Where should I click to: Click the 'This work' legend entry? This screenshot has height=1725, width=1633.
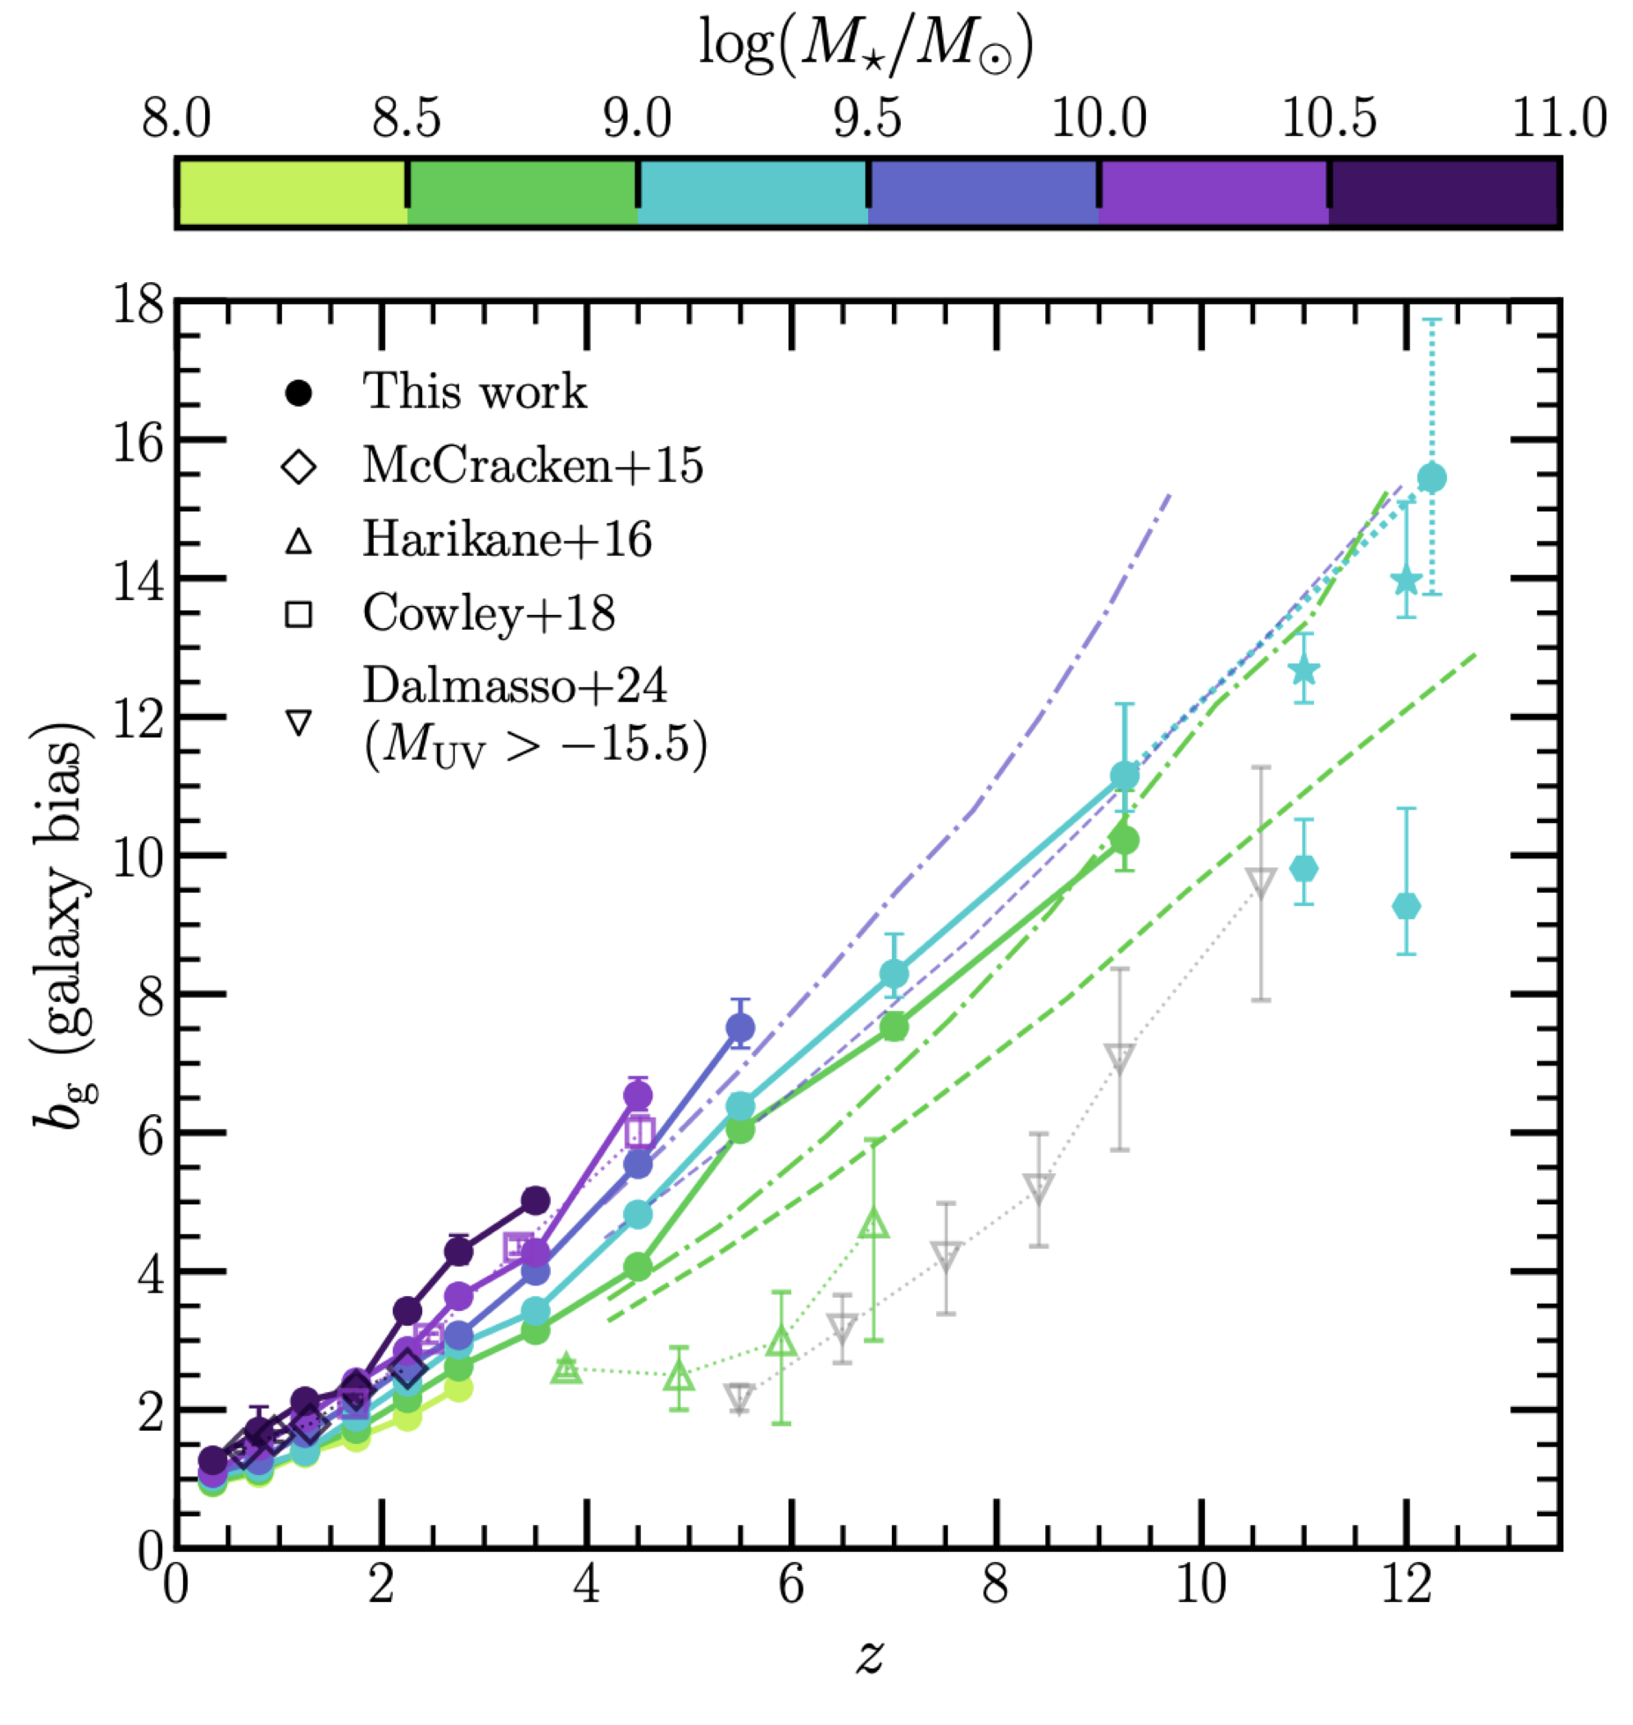tap(475, 392)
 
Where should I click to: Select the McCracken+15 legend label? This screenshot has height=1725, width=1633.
tap(533, 467)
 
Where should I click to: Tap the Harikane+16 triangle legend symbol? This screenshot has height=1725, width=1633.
tap(298, 541)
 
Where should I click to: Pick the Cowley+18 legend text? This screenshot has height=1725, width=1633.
tap(489, 614)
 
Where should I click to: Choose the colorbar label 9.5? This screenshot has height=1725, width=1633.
tap(867, 119)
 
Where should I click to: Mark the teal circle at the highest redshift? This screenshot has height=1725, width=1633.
tap(1431, 477)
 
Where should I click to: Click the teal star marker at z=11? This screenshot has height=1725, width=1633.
tap(1303, 671)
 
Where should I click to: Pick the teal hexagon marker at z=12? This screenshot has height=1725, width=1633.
tap(1406, 907)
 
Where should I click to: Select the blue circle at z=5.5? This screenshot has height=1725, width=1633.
tap(740, 1028)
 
